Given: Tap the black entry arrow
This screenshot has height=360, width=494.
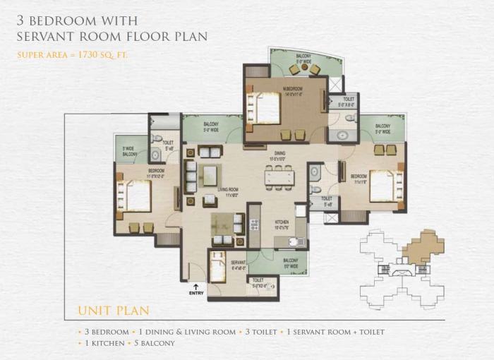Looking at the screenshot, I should click(x=196, y=286).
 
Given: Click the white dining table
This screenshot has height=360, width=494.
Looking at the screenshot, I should click(x=279, y=178).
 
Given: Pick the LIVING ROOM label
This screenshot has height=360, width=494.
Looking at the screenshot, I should click(x=227, y=190).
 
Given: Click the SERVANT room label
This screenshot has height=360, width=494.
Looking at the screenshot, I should click(x=238, y=262).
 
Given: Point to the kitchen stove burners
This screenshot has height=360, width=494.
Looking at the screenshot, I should click(x=255, y=225).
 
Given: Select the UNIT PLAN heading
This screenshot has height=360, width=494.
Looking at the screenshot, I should click(x=112, y=311).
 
